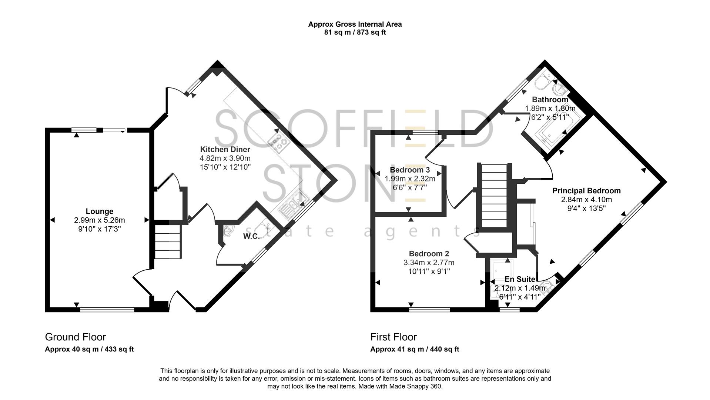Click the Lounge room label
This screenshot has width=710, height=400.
pos(99,211)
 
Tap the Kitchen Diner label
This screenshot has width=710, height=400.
pos(225,150)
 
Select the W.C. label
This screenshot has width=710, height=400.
pos(251,237)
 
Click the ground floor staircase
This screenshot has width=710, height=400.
pos(168,241)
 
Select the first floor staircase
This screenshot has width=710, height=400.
pos(494,196)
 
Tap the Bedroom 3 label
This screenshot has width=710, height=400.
pos(410,170)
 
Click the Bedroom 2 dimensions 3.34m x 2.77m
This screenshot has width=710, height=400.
pos(429,263)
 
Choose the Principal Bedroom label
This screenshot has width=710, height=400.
pos(586,191)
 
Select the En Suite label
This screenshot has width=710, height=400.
pos(520,279)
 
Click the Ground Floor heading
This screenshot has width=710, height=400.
pos(76,337)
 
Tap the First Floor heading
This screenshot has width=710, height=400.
pos(393,337)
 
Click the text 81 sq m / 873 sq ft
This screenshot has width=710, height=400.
pos(355,33)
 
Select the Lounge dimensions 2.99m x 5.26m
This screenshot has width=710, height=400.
pos(99,220)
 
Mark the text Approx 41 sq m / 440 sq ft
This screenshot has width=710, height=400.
pos(415,349)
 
